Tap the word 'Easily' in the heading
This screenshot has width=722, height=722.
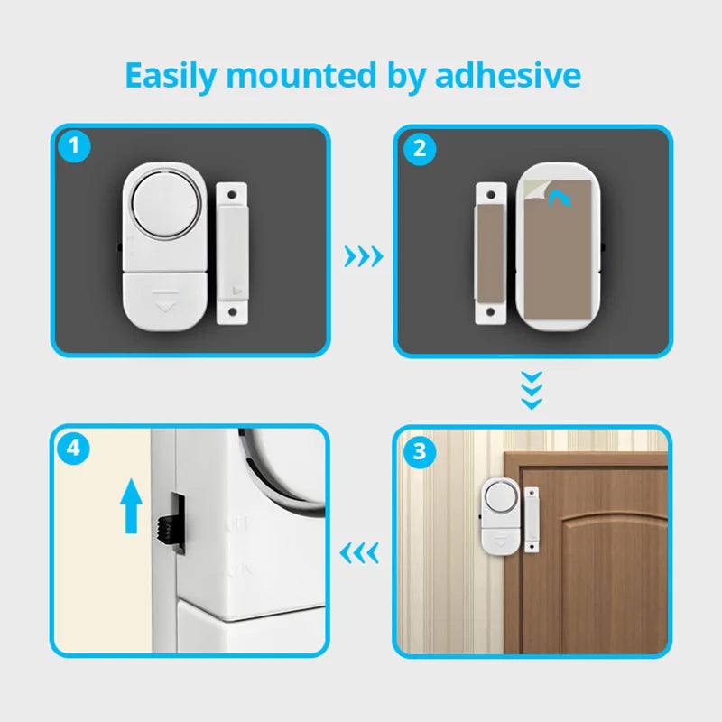pos(170,77)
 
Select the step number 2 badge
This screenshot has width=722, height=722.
pos(418,148)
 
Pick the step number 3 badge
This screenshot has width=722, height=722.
pos(418,451)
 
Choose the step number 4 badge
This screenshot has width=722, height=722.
pos(75,449)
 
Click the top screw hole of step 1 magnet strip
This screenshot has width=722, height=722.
pos(233,192)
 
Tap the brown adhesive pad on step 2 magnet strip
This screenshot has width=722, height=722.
pos(491,253)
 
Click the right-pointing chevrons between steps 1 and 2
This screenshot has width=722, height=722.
pos(364,257)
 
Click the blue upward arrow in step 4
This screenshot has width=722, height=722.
pos(133,506)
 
